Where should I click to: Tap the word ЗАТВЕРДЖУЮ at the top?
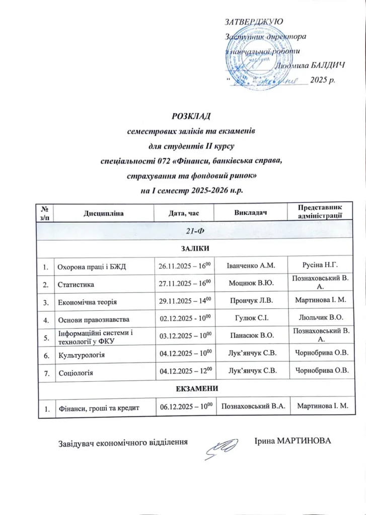click(254, 22)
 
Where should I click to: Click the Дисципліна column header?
click(103, 214)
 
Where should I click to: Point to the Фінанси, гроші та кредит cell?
click(96, 408)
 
